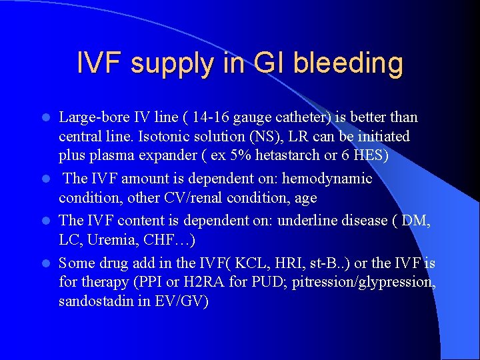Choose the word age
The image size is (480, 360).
point(304,198)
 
